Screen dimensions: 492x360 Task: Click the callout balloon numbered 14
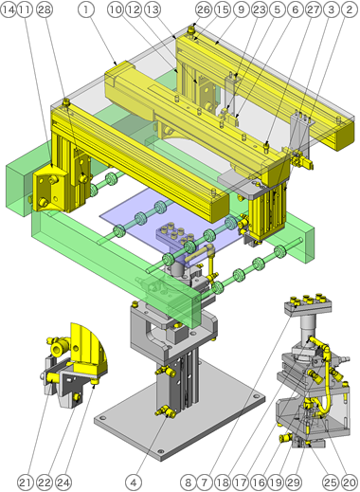9,9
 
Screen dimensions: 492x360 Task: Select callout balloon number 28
44,9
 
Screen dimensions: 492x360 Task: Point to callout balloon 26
203,9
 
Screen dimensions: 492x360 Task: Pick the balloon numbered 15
222,9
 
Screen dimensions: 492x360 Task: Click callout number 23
260,9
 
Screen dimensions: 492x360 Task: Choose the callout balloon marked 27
315,9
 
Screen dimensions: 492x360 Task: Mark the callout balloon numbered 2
351,9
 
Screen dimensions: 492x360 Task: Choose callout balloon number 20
351,482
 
